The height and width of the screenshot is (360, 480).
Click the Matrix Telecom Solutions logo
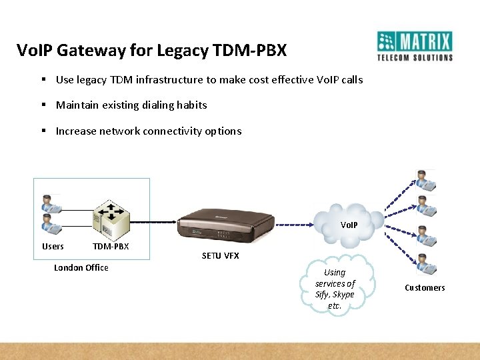[414, 46]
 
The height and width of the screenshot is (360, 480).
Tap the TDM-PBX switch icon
[111, 219]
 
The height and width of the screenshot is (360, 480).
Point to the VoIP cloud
[348, 221]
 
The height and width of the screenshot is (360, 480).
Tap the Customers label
[425, 288]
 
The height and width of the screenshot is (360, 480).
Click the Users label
[53, 247]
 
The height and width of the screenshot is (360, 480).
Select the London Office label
[81, 268]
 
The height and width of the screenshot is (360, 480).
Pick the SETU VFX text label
[220, 256]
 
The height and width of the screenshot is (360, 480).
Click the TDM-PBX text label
[111, 247]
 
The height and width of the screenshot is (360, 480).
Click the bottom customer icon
[425, 264]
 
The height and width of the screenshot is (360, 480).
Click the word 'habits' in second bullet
[192, 105]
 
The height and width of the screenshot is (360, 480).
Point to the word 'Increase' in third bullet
[76, 131]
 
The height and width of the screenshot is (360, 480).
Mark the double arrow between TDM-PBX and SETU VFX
[153, 221]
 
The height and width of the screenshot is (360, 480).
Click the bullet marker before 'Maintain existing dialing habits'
[43, 105]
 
